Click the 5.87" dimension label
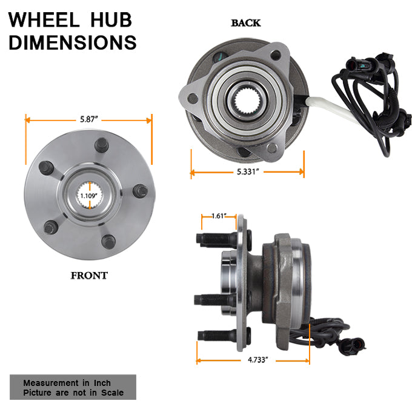[x=89, y=119]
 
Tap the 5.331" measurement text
[x=248, y=171]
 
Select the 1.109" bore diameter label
[x=89, y=196]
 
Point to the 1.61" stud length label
[x=219, y=216]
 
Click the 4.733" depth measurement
[x=257, y=360]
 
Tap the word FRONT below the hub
[x=89, y=276]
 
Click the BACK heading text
[x=245, y=23]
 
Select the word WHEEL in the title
[x=44, y=20]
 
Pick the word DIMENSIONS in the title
[x=73, y=42]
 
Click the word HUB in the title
[x=111, y=20]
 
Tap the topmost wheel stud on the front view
[x=102, y=145]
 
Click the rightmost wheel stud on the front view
[x=140, y=191]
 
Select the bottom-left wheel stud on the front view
[x=51, y=228]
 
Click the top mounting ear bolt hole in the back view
[x=276, y=56]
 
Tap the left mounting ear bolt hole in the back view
[x=193, y=99]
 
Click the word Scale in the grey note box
[x=113, y=393]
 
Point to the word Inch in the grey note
[x=102, y=383]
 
